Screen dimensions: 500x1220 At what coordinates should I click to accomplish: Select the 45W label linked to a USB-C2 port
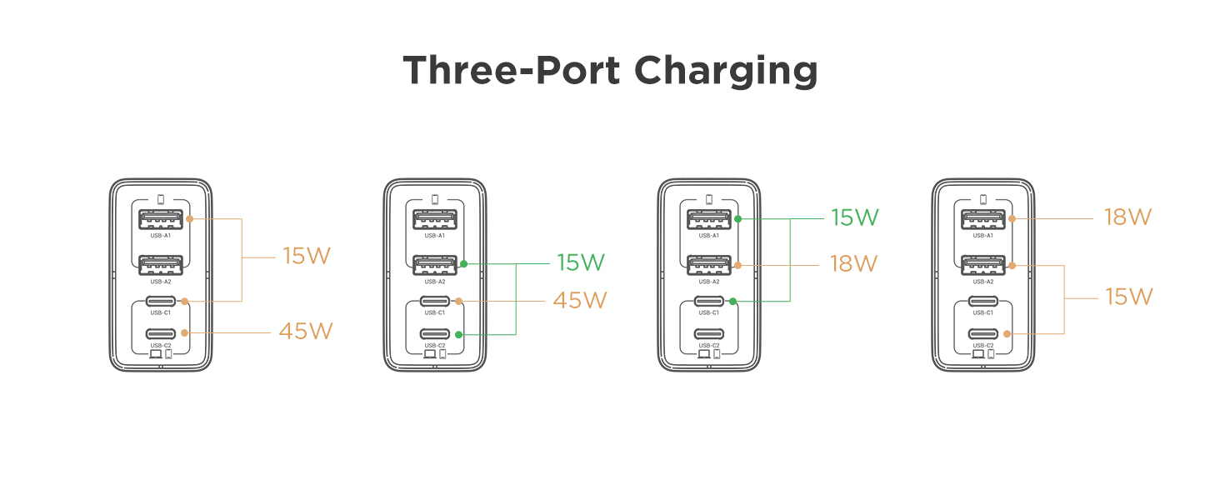[305, 332]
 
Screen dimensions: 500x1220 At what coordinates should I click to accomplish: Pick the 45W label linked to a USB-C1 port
[580, 300]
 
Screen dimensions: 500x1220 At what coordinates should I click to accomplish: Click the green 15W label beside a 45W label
[580, 263]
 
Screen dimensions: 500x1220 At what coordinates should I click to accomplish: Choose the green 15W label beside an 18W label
[854, 218]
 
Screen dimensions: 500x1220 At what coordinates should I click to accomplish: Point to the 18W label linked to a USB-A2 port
[854, 264]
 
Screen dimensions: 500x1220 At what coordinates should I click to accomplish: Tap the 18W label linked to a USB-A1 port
[1127, 217]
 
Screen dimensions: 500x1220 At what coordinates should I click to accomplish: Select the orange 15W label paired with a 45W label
[307, 256]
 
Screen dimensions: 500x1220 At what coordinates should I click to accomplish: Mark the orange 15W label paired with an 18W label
[1128, 297]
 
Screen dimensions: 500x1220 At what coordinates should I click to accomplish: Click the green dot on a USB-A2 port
[463, 264]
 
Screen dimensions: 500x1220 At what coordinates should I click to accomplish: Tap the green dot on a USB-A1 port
[737, 219]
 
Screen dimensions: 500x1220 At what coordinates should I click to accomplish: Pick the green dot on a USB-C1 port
[732, 301]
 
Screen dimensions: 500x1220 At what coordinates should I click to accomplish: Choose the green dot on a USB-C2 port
[458, 334]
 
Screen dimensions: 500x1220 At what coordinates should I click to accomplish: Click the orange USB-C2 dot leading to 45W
[184, 332]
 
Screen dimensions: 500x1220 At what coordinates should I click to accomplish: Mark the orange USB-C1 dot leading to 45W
[458, 301]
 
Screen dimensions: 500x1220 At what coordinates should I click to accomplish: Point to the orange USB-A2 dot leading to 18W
[737, 265]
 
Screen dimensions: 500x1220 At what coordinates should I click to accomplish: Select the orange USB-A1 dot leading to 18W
[1012, 219]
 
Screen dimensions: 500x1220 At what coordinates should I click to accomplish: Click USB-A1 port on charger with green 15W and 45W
[435, 219]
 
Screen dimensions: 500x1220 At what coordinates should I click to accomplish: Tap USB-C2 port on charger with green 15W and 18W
[709, 334]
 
